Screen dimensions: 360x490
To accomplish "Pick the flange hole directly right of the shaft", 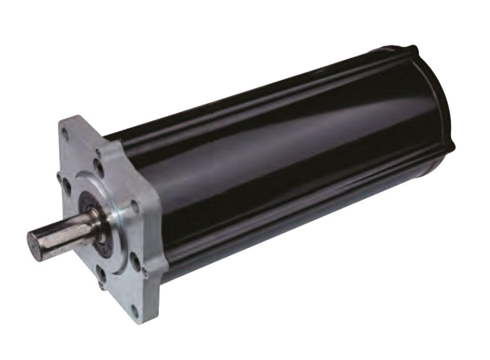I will click(x=133, y=206).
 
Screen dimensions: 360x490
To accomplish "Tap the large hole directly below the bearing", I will click(x=101, y=270).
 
